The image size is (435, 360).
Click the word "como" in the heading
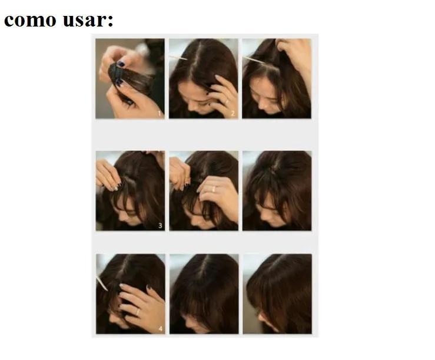tap(30, 20)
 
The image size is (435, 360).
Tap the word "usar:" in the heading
tap(88, 20)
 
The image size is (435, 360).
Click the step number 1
tap(160, 113)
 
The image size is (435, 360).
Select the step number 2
tap(233, 113)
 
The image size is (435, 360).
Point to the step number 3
tap(160, 226)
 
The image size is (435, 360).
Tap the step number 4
tap(160, 329)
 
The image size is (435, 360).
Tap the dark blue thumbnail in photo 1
tap(121, 64)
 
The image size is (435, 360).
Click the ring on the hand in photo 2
tap(227, 102)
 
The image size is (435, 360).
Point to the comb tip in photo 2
tap(185, 59)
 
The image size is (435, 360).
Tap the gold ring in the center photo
tap(213, 189)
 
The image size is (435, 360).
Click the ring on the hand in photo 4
tap(138, 312)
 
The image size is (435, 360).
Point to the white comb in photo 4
tap(102, 283)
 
